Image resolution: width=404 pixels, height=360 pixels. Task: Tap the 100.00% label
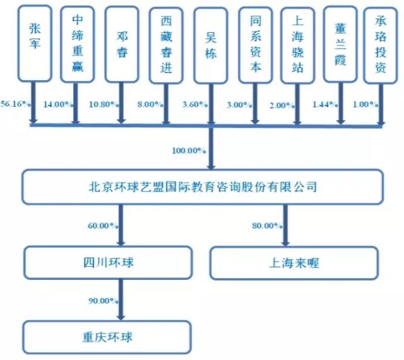tap(189, 150)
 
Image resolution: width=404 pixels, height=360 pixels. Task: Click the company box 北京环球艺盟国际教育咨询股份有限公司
tap(202, 186)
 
